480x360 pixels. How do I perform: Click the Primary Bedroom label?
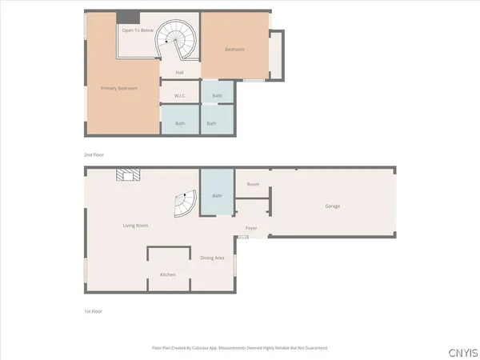point(119,88)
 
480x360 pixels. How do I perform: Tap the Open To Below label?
point(138,30)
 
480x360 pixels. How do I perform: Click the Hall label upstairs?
point(181,74)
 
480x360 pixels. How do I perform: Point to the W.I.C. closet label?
point(181,96)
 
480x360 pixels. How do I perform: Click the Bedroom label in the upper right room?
point(234,50)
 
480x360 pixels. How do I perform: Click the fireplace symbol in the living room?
point(126,174)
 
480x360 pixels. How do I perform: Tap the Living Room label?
point(135,226)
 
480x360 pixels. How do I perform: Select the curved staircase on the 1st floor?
point(185,206)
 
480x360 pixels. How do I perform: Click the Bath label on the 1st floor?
point(217,196)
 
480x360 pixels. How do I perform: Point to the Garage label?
point(333,206)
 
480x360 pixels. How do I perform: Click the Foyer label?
point(251,228)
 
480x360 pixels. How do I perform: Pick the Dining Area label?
point(212,258)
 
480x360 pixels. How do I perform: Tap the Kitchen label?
point(168,274)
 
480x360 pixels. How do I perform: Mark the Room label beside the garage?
point(253,185)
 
